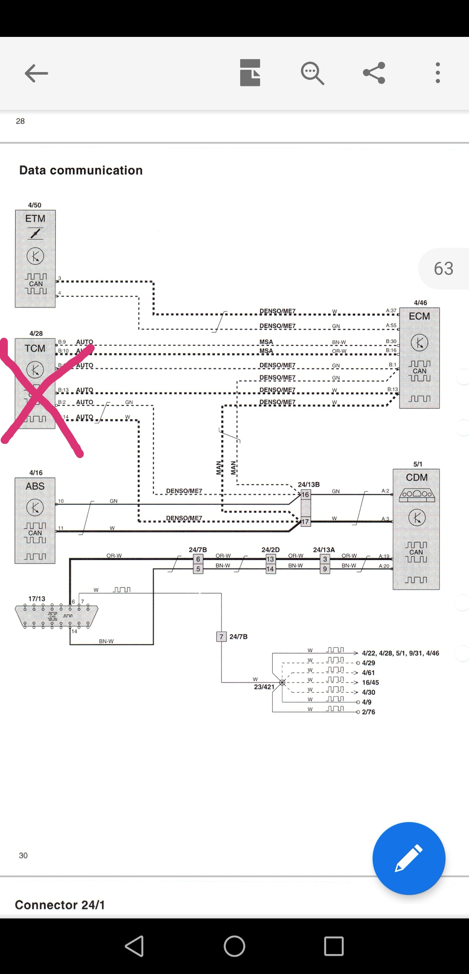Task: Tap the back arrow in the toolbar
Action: coord(36,73)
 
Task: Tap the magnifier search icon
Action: coord(312,73)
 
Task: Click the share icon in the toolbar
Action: coord(374,72)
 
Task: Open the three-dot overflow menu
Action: coord(437,72)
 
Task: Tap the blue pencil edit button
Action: coord(409,858)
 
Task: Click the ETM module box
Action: coord(35,259)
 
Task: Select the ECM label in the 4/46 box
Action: coord(419,316)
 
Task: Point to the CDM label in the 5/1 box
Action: coord(416,477)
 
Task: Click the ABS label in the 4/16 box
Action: coord(35,486)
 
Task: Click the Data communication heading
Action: coord(81,170)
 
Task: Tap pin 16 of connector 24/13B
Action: coord(306,494)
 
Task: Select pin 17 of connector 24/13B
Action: coord(306,522)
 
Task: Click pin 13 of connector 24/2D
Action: coord(270,559)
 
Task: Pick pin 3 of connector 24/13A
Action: coord(325,559)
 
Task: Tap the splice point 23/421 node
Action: coord(282,682)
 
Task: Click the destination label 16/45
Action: coord(370,682)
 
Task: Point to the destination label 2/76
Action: coord(368,712)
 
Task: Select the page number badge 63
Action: coord(443,269)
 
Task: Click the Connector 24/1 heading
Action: coord(60,905)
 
